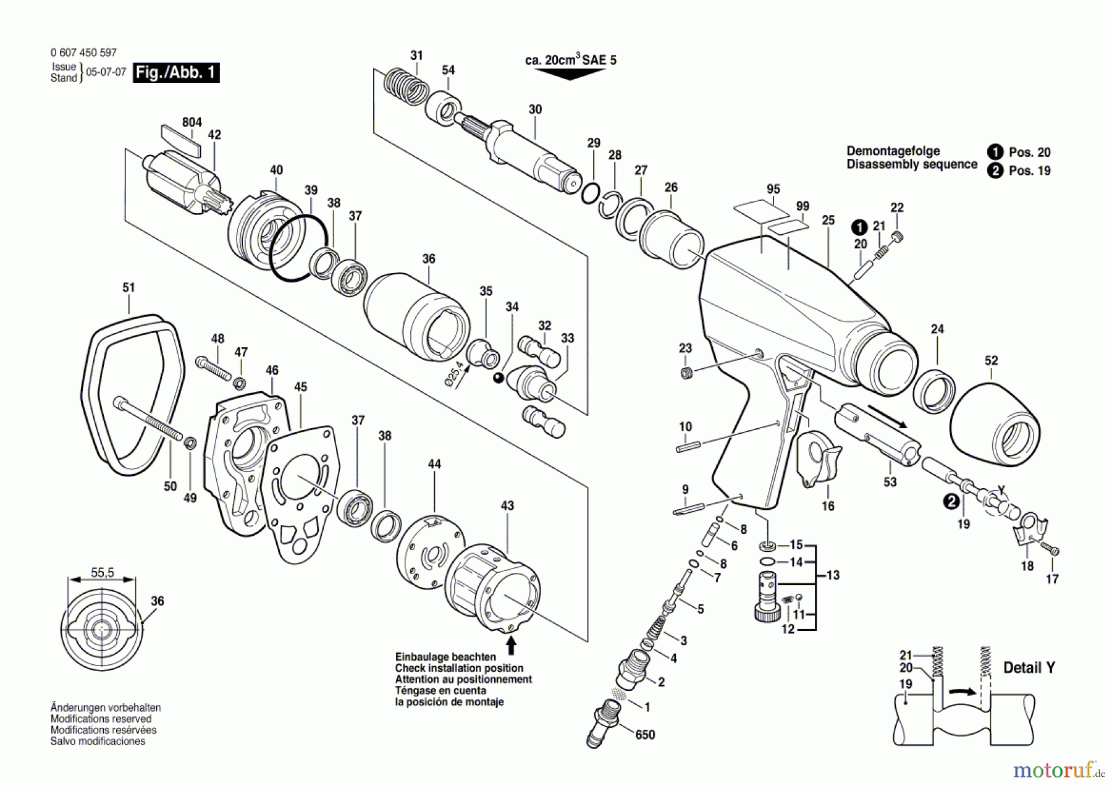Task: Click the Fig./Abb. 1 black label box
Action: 176,73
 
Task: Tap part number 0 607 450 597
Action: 83,53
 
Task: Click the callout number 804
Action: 192,122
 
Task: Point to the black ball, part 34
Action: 498,378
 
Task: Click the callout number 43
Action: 507,506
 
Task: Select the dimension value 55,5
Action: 103,573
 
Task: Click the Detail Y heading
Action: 1029,668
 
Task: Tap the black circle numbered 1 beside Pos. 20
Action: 995,152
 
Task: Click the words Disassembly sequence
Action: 912,165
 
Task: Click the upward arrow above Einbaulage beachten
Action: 511,645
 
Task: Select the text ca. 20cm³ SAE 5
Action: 570,60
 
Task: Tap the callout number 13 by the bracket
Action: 833,575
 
